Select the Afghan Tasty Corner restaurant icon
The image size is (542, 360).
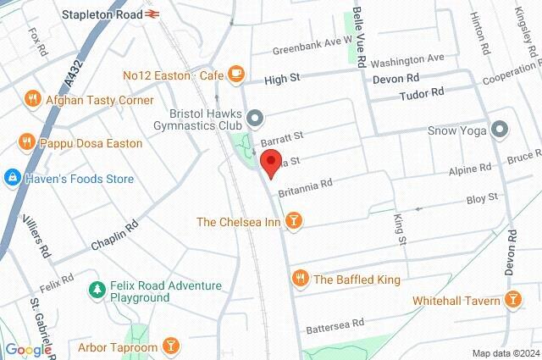33,98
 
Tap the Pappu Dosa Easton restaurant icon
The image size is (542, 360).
26,141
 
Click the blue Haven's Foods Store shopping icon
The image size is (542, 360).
12,178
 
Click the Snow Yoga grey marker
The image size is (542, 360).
500,130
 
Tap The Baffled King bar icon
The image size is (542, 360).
299,278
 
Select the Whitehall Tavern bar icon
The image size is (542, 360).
512,300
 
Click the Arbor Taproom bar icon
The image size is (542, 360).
170,346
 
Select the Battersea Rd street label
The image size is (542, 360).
335,323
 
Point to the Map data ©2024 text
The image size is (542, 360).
506,353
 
